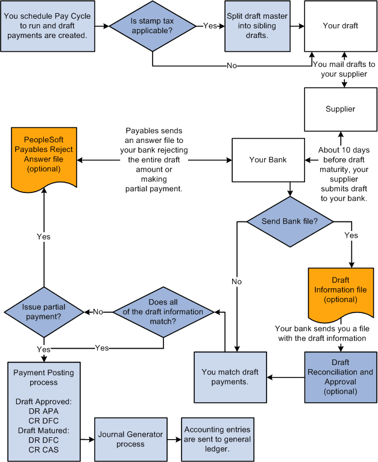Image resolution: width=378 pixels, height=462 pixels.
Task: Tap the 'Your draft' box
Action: (341, 26)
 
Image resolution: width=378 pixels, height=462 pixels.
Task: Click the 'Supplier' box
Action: (341, 109)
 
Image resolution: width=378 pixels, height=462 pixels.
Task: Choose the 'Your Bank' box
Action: (267, 160)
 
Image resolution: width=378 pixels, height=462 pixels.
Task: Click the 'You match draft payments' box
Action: (230, 378)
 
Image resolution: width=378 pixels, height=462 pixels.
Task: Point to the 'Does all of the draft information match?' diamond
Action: (162, 312)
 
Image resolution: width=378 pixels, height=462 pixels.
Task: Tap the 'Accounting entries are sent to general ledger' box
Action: (218, 438)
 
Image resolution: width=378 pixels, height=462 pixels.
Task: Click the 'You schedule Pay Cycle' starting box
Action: (48, 26)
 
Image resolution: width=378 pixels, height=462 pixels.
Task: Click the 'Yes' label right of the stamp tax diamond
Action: (210, 26)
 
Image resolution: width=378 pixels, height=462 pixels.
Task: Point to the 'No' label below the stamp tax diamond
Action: (232, 66)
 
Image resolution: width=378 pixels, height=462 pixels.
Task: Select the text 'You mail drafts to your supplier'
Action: (344, 68)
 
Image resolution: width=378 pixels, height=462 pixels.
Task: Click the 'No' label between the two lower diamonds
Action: (98, 312)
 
